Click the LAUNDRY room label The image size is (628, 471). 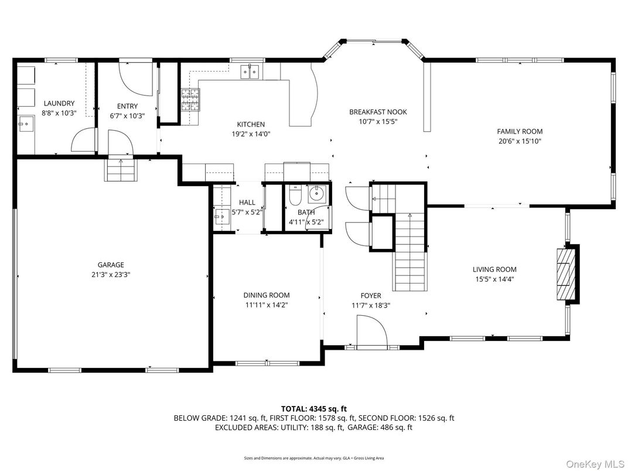click(x=59, y=104)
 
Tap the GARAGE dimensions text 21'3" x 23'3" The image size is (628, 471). click(x=111, y=274)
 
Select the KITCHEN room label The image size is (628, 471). click(x=251, y=124)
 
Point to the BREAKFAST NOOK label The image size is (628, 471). click(x=378, y=112)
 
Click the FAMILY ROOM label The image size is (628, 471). click(x=520, y=131)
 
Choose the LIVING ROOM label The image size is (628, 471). click(x=494, y=269)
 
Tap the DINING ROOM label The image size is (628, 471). click(x=267, y=295)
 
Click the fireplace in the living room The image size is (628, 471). click(x=566, y=274)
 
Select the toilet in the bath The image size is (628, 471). click(x=295, y=193)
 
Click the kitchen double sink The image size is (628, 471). click(x=251, y=71)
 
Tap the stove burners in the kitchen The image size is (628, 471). click(x=190, y=100)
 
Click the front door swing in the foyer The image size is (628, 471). click(x=371, y=332)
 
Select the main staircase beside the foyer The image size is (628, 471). click(x=409, y=252)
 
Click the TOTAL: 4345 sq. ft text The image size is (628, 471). click(x=314, y=408)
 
